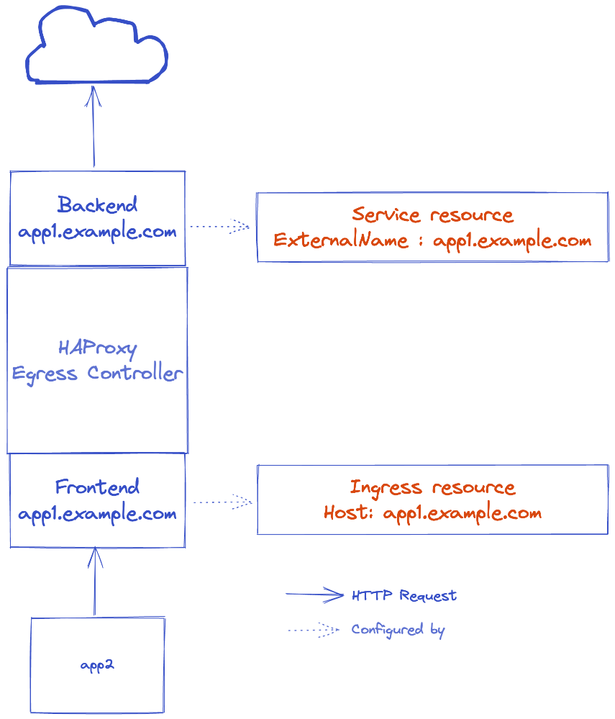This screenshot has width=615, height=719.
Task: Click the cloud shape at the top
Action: point(97,47)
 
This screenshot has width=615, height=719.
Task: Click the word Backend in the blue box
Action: point(97,205)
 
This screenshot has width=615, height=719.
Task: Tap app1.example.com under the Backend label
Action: point(97,232)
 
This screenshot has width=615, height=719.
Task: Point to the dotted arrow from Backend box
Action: point(219,227)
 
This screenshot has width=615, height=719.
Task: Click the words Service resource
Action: point(433,214)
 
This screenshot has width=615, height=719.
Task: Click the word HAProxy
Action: point(97,348)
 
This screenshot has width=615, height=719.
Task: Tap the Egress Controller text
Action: point(97,374)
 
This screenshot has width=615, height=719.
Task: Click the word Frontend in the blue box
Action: point(97,487)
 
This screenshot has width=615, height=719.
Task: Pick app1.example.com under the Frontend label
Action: point(97,515)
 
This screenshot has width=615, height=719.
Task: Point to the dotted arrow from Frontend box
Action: point(222,502)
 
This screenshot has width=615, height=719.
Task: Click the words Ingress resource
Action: point(433,487)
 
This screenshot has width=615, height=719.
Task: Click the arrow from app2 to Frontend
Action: point(94,582)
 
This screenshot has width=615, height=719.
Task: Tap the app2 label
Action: point(97,665)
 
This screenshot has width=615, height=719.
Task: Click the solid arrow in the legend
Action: point(314,594)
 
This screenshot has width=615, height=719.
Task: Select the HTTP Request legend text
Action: point(404,596)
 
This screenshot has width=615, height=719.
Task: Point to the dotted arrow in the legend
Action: point(313,630)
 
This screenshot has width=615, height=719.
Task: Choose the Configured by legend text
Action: point(398,630)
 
